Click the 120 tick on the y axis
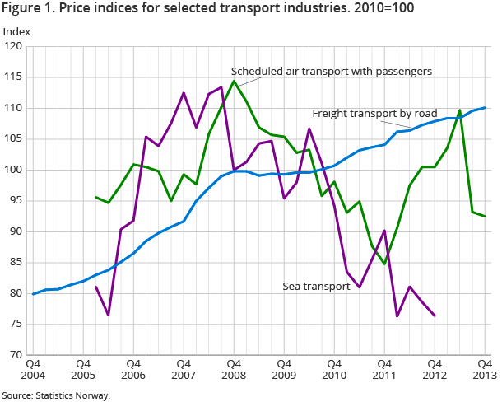15,46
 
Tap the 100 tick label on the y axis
15,170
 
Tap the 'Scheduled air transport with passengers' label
332,72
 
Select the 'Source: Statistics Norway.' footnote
56,395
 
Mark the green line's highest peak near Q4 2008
234,81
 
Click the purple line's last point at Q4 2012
435,316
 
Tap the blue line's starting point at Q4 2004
33,294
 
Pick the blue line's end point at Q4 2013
485,108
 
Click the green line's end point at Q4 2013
485,216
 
